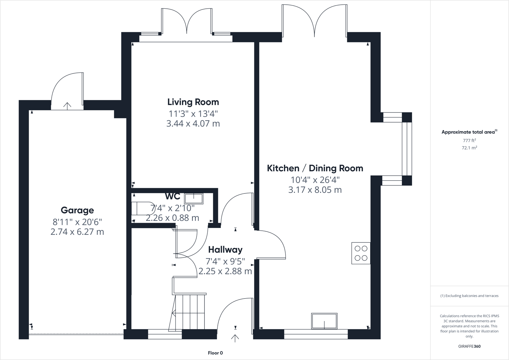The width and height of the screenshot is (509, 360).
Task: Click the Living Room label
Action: pos(193,102)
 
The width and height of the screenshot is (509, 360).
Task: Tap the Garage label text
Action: pos(77,211)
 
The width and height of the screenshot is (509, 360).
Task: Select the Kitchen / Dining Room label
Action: pos(315,168)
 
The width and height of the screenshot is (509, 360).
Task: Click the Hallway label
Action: pos(225,250)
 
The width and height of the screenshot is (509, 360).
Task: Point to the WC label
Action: pos(172,196)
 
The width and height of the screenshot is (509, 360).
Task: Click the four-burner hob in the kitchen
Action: pos(361,253)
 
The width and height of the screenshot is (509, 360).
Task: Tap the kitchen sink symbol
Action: pos(324,321)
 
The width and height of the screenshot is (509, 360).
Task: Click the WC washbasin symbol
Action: pos(194,198)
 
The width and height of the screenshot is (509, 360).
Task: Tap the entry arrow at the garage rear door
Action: pos(67,106)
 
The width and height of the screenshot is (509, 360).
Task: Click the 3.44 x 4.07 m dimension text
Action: pos(193,124)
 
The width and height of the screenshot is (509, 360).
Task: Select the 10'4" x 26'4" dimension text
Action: pos(315,180)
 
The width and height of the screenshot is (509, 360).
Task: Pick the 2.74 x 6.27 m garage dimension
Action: pos(77,232)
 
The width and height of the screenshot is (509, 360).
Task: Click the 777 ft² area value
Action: pos(469,141)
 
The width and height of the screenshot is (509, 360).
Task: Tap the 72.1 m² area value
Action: pos(469,148)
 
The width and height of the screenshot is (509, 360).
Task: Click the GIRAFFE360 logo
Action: pos(469,346)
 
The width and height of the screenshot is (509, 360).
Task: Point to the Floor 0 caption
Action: pos(215,353)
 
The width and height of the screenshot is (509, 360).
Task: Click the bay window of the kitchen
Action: pos(406,149)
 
